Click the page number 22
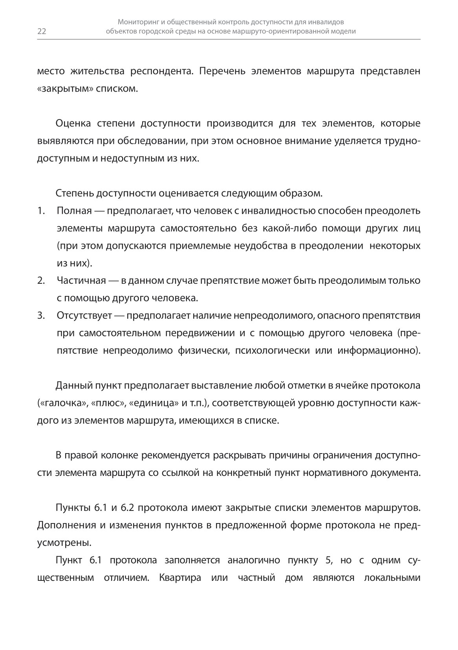tap(42, 32)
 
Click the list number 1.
tap(40, 211)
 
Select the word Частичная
tap(81, 281)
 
